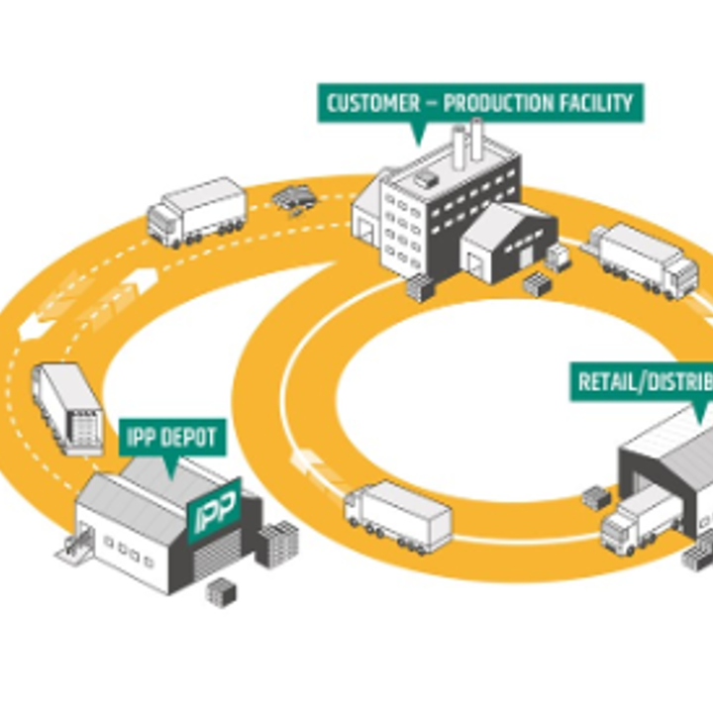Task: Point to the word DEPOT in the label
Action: click(x=193, y=436)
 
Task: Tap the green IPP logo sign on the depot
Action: click(x=215, y=513)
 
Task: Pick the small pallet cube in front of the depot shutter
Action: click(x=220, y=592)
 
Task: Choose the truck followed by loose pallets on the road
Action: click(x=196, y=210)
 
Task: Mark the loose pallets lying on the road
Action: click(x=293, y=198)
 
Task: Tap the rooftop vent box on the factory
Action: click(x=425, y=179)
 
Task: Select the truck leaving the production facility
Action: click(x=644, y=258)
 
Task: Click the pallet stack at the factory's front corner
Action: click(x=421, y=288)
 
